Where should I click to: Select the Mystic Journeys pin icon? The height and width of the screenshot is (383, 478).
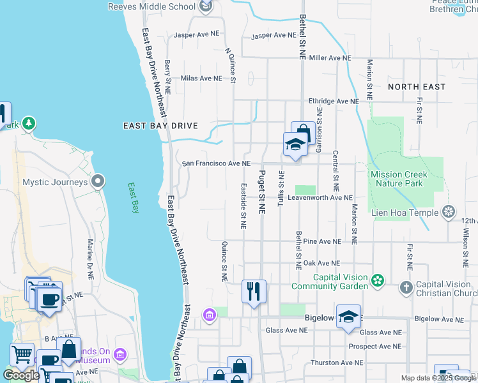click(x=97, y=182)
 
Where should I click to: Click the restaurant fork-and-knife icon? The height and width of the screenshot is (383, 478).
click(x=254, y=291)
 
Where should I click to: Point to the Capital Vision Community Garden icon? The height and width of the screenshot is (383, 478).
click(x=378, y=280)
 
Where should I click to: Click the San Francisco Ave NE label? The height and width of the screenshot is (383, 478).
click(x=216, y=163)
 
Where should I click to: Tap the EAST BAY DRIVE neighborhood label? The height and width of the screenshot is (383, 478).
click(x=160, y=126)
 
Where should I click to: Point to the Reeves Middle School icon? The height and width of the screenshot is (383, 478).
click(x=206, y=7)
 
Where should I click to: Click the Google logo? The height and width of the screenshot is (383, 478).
click(x=21, y=375)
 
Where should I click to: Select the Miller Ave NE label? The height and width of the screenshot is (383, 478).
click(x=330, y=57)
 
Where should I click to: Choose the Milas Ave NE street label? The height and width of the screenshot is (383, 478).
click(x=201, y=79)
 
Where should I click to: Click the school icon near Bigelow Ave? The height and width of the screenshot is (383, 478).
click(x=348, y=316)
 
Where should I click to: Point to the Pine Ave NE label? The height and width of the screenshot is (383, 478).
click(x=322, y=242)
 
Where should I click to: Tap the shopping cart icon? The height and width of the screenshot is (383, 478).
click(x=22, y=353)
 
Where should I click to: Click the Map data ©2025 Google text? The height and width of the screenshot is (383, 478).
click(x=438, y=378)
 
